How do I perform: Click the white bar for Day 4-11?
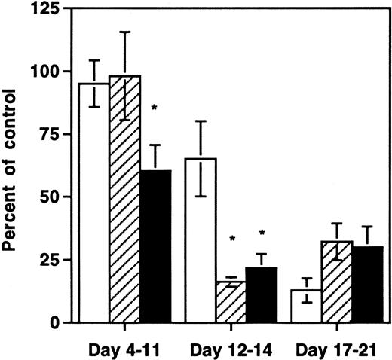[94, 203]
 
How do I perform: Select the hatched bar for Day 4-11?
[125, 199]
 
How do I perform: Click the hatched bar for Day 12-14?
[230, 302]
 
